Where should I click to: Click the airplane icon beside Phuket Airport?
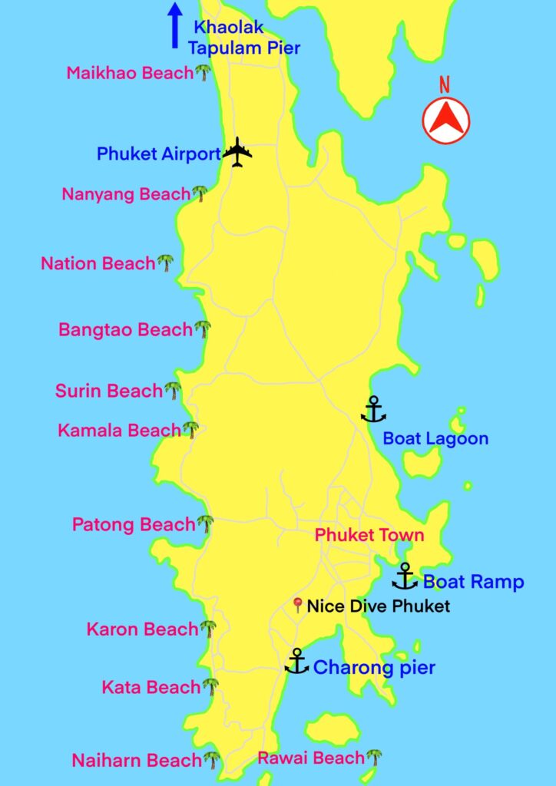click(x=237, y=152)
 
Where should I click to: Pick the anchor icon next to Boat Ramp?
click(x=404, y=576)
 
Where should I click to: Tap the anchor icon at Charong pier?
click(x=296, y=662)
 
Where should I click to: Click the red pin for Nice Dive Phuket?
click(x=298, y=606)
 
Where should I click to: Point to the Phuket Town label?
click(x=369, y=535)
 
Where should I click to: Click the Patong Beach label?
click(x=134, y=525)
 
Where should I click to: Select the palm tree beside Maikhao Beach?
click(x=203, y=73)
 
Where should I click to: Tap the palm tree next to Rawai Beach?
click(x=374, y=758)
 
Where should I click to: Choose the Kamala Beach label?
click(x=119, y=431)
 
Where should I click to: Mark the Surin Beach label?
click(x=108, y=391)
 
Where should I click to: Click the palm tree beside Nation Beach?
click(x=166, y=263)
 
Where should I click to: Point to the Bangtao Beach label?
click(x=125, y=330)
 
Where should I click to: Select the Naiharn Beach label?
click(x=137, y=761)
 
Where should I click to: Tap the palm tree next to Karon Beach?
click(x=208, y=629)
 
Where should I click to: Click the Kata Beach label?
click(x=151, y=687)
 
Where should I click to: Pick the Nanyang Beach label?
click(x=126, y=194)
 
